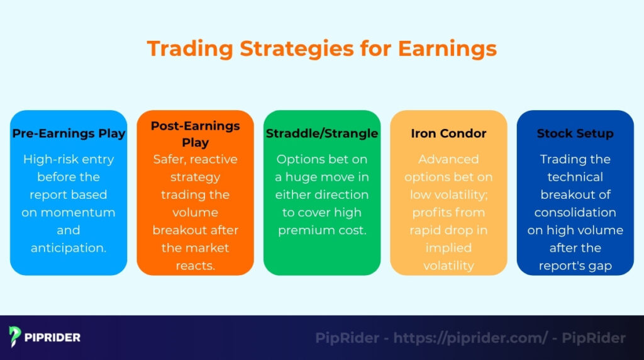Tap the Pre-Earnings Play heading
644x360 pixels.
[69, 133]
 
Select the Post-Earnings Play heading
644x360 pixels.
[195, 133]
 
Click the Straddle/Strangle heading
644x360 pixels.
[322, 133]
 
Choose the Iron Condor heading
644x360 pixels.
[448, 133]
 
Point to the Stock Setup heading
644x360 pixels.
[575, 133]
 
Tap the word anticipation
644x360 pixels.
[69, 247]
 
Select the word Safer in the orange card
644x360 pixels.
[170, 159]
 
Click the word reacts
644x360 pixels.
[195, 265]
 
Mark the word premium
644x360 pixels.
[305, 230]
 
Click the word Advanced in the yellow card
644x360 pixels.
[448, 159]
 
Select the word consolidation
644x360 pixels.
[575, 212]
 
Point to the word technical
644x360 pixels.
[575, 177]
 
